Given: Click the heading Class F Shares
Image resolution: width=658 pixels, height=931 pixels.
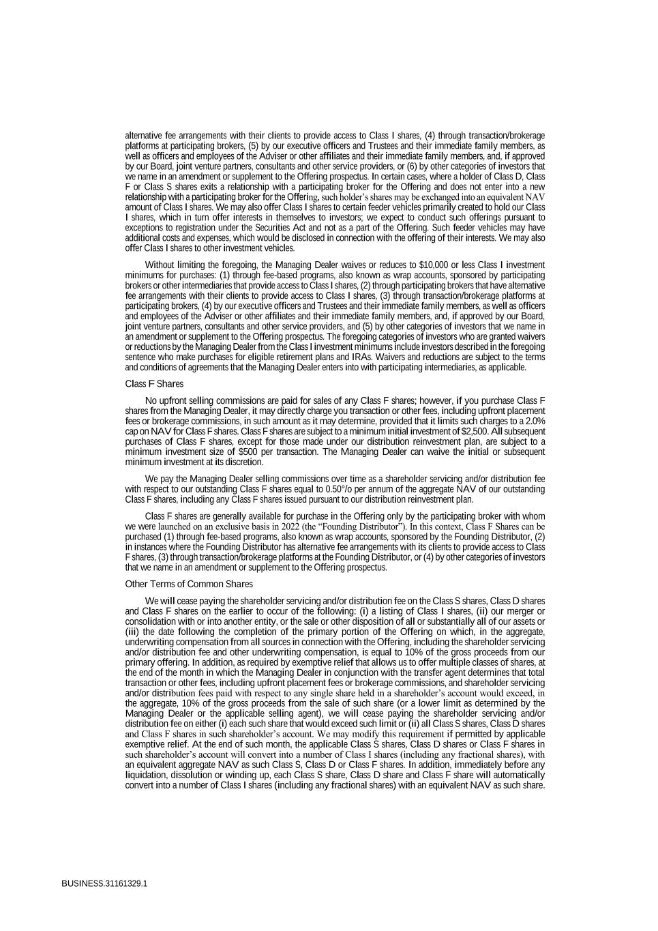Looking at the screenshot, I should [154, 384].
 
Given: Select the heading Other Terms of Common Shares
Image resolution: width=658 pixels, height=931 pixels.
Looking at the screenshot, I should [189, 584].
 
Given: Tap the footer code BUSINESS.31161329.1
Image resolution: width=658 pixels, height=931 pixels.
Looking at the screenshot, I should [104, 883].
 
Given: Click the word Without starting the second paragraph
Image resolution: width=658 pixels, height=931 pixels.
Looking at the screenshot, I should [160, 265].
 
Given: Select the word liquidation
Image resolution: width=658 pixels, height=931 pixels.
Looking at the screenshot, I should [145, 775].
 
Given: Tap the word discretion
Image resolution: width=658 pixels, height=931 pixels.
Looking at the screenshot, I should [243, 462].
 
